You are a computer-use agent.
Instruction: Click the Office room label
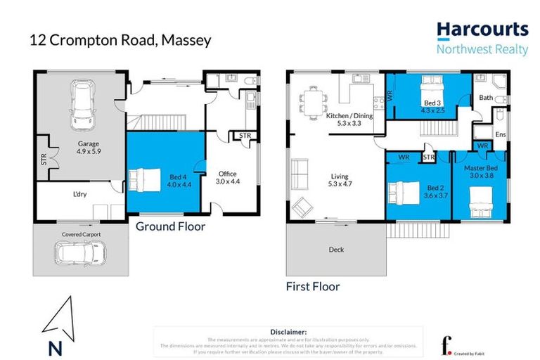coord(228,173)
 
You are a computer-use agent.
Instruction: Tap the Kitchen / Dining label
coord(349,116)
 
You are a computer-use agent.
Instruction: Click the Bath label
coord(486,98)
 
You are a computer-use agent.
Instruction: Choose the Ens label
coord(500,134)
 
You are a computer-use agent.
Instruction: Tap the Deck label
coord(336,249)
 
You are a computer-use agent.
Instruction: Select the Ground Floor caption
coord(170,226)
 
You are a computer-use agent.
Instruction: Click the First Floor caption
coord(313,286)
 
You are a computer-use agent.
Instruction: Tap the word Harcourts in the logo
coord(482,30)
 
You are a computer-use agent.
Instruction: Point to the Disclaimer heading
coord(288,331)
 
